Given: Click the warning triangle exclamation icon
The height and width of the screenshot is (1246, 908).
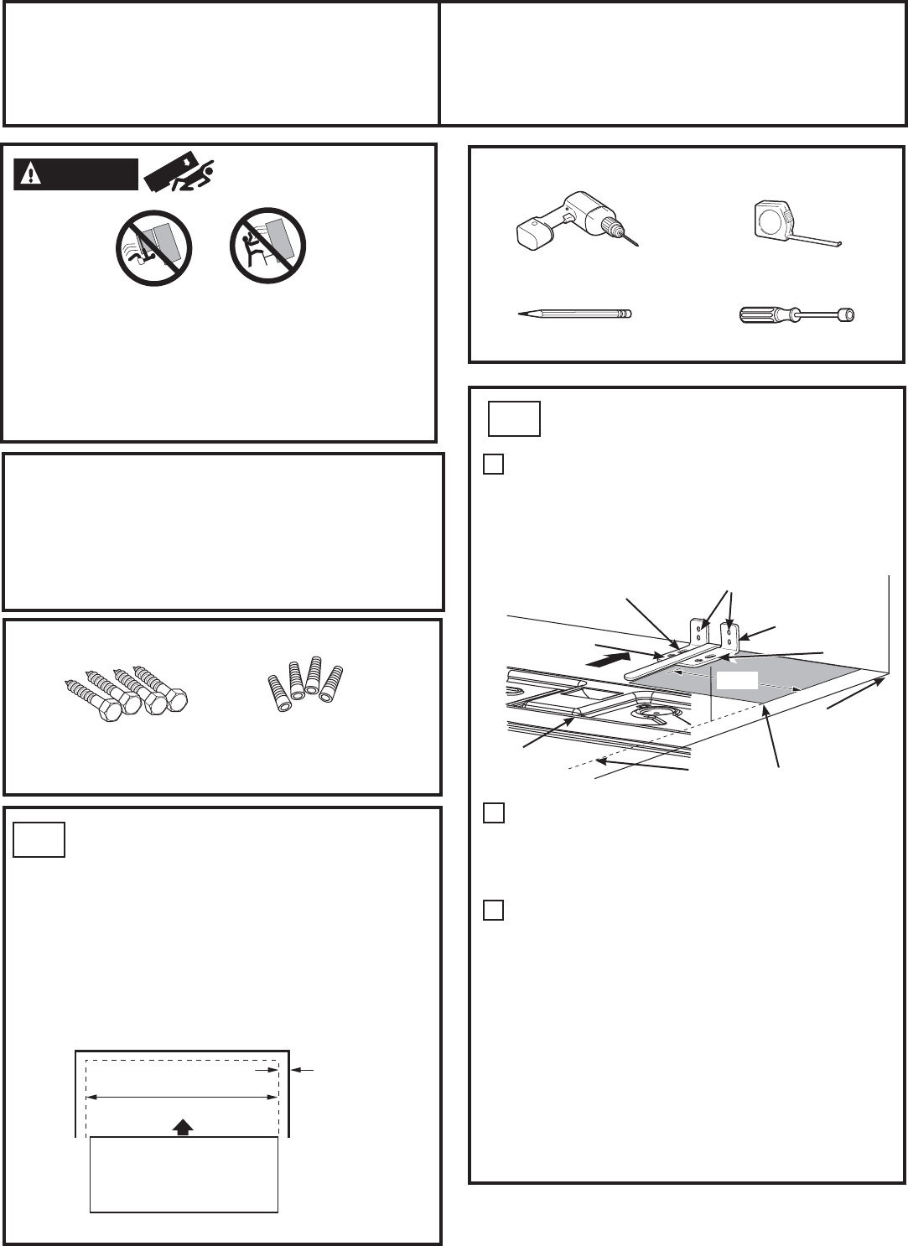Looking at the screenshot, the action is click(31, 174).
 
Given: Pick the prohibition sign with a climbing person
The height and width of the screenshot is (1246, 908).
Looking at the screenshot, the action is click(267, 246).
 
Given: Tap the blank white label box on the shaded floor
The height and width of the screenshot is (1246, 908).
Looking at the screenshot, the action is click(735, 680).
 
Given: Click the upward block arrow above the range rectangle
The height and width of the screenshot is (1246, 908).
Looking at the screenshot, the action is click(182, 1128).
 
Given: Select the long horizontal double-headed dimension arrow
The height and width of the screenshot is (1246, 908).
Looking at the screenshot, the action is click(183, 1096).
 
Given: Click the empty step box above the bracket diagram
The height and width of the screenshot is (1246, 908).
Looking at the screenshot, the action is click(515, 418).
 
